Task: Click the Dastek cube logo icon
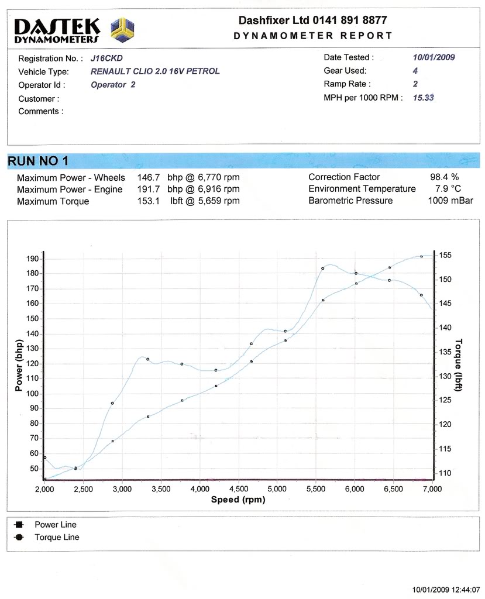pyautogui.click(x=122, y=30)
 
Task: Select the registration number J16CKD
pyautogui.click(x=106, y=58)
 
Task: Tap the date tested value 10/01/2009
pyautogui.click(x=434, y=57)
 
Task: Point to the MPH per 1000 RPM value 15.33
pyautogui.click(x=424, y=98)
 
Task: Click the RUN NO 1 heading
pyautogui.click(x=38, y=161)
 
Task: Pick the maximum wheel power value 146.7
pyautogui.click(x=149, y=177)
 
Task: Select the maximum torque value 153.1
pyautogui.click(x=149, y=201)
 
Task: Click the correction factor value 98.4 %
pyautogui.click(x=445, y=177)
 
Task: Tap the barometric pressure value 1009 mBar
pyautogui.click(x=450, y=201)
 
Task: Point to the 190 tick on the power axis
pyautogui.click(x=33, y=259)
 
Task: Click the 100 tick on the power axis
pyautogui.click(x=33, y=394)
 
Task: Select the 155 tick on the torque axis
pyautogui.click(x=445, y=255)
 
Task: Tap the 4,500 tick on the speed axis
pyautogui.click(x=239, y=489)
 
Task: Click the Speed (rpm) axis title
pyautogui.click(x=238, y=500)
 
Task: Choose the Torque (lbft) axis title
pyautogui.click(x=459, y=365)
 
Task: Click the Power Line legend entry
pyautogui.click(x=56, y=525)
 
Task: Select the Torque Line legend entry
pyautogui.click(x=57, y=537)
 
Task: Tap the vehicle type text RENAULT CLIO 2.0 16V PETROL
pyautogui.click(x=155, y=71)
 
